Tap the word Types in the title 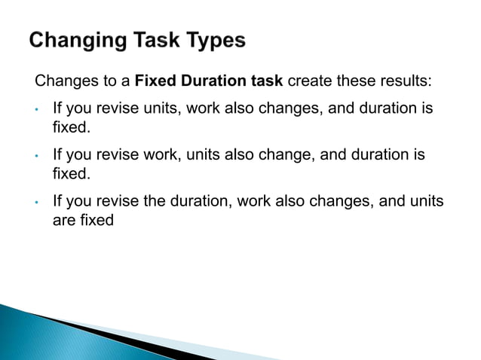pos(213,41)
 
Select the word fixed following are pos(96,222)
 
